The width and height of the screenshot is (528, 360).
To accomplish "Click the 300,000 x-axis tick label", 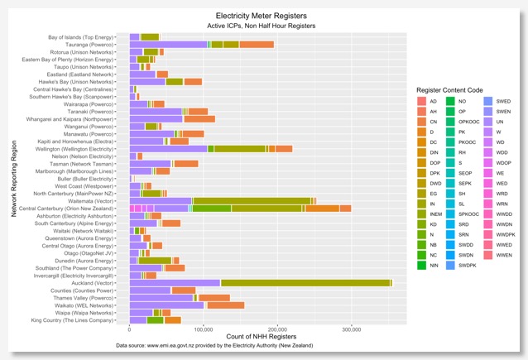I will (352, 329).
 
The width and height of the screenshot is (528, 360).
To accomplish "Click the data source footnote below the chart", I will (264, 346).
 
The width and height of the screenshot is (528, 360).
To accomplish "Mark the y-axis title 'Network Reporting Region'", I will (15, 179).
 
